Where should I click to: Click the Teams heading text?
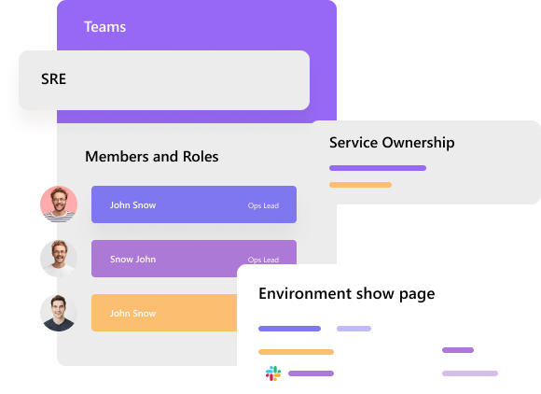click(104, 27)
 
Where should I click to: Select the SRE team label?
click(53, 79)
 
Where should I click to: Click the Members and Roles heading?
click(151, 157)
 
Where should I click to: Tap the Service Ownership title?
click(392, 143)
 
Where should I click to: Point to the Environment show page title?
click(347, 294)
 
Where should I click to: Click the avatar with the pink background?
click(59, 204)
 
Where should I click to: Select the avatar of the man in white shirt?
click(59, 259)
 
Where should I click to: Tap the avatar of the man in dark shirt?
click(59, 313)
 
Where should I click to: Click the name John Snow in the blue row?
click(132, 205)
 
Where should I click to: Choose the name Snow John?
click(132, 260)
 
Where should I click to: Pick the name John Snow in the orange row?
click(132, 314)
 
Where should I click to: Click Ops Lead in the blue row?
click(263, 205)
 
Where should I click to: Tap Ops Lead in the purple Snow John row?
click(263, 260)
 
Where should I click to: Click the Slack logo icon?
click(273, 373)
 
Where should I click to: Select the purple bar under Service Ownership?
click(378, 168)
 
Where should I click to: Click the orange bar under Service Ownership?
click(361, 185)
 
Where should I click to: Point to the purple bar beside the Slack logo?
click(311, 373)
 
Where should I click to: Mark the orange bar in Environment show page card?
click(296, 352)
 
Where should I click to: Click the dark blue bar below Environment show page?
click(289, 329)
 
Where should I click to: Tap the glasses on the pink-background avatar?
click(59, 199)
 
